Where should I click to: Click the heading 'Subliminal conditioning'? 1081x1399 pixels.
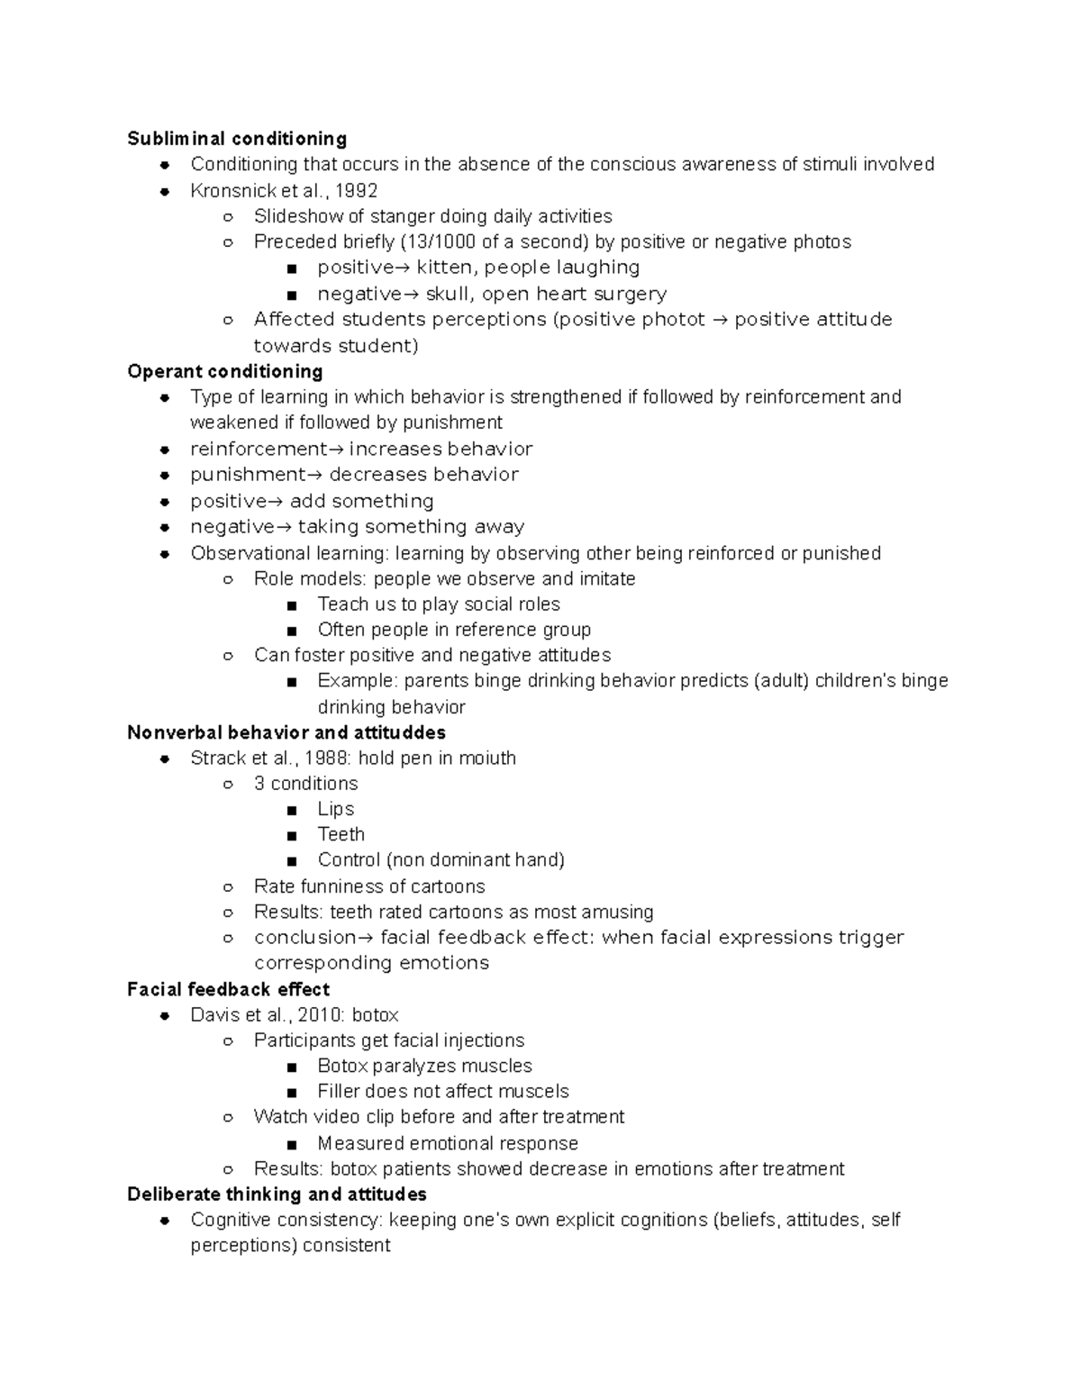237,139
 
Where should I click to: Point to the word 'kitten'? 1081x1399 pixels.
443,268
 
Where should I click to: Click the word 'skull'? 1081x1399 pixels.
448,294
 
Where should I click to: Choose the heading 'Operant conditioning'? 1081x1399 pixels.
225,371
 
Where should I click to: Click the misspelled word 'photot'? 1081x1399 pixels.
673,319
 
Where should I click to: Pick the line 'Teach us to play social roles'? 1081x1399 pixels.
438,604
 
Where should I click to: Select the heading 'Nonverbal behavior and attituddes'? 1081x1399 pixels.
286,732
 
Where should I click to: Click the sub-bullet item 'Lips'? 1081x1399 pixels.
335,809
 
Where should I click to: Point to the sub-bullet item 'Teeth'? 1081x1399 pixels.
341,834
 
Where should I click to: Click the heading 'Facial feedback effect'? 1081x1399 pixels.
229,989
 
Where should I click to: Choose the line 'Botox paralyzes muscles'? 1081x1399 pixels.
424,1066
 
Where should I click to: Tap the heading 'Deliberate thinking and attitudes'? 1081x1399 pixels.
277,1195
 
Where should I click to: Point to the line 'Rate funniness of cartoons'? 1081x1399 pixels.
369,886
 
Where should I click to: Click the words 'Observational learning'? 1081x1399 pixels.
288,553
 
